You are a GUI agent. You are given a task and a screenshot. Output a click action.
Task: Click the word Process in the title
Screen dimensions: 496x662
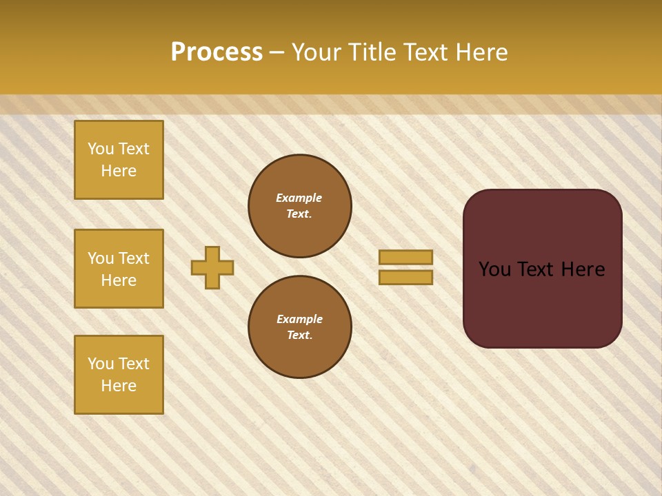(217, 52)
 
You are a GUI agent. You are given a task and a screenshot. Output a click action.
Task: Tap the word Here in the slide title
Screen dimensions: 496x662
(481, 52)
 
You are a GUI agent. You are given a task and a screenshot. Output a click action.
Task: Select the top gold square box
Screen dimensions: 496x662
(119, 160)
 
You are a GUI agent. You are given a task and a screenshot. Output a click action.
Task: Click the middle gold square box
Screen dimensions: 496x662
(119, 269)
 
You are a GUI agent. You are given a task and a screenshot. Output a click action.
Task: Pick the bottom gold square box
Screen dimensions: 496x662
(119, 375)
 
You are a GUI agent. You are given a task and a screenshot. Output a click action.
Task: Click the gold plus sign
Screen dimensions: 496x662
(212, 267)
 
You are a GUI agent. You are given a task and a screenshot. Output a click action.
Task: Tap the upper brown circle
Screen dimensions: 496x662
(299, 206)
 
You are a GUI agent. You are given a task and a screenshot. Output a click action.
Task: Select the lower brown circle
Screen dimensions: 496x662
(299, 327)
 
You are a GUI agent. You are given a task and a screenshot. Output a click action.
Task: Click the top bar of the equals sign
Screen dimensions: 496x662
(405, 257)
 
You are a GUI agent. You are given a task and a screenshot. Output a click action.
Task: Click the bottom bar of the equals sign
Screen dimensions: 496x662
(405, 277)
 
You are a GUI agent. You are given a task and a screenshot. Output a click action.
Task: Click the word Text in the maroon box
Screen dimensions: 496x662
(542, 269)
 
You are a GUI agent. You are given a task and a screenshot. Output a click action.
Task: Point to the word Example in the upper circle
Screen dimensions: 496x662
(299, 198)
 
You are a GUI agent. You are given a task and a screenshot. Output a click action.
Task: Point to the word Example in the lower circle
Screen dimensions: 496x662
(299, 319)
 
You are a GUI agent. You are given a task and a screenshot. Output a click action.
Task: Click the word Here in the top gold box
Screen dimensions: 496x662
(119, 171)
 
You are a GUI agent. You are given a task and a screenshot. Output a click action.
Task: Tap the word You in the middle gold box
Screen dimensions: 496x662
(100, 258)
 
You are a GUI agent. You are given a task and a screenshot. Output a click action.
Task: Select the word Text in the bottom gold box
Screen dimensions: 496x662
(134, 364)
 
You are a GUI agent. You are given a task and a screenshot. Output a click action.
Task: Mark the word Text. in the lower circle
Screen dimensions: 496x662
(299, 335)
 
